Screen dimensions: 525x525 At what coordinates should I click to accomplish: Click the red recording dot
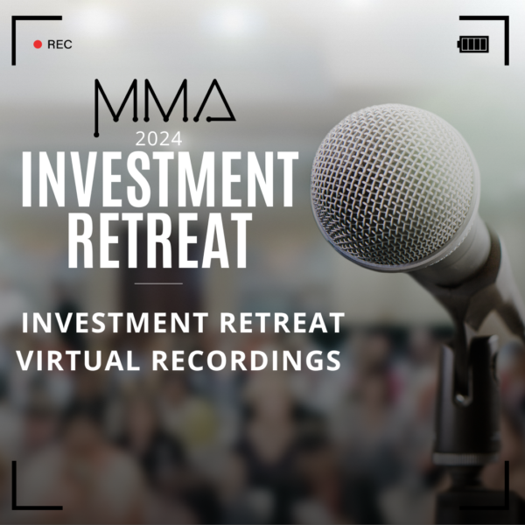click(x=38, y=45)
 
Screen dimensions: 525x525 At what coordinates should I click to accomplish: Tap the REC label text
click(x=59, y=45)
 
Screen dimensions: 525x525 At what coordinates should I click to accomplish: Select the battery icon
click(x=472, y=45)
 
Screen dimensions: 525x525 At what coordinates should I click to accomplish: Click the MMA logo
click(x=164, y=108)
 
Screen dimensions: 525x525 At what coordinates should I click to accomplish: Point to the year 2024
click(x=158, y=139)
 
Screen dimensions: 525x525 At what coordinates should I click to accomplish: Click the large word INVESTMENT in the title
click(x=160, y=179)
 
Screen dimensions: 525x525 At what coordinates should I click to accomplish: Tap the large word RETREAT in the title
click(x=160, y=240)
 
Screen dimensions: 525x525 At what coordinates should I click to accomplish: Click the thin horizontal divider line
click(x=158, y=283)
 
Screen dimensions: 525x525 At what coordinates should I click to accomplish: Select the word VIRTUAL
click(x=78, y=360)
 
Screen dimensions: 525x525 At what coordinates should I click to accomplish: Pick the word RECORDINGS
click(x=247, y=360)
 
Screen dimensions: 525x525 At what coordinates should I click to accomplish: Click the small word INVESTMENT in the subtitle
click(x=115, y=322)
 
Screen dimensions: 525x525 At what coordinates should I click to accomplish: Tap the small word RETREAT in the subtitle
click(x=282, y=322)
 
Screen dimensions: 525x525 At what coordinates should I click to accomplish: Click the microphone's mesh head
click(x=394, y=184)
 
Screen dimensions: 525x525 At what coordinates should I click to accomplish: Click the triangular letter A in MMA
click(x=216, y=101)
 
